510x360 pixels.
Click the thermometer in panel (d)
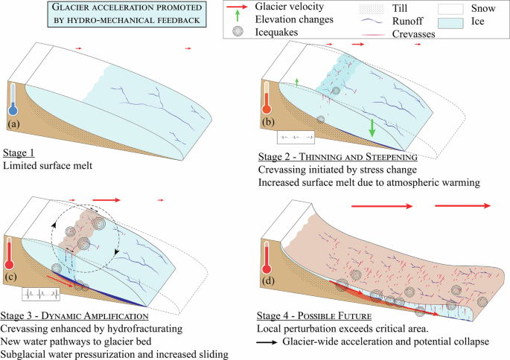click(267, 257)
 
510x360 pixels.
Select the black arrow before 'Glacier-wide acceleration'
click(267, 341)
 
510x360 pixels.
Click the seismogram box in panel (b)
click(293, 138)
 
